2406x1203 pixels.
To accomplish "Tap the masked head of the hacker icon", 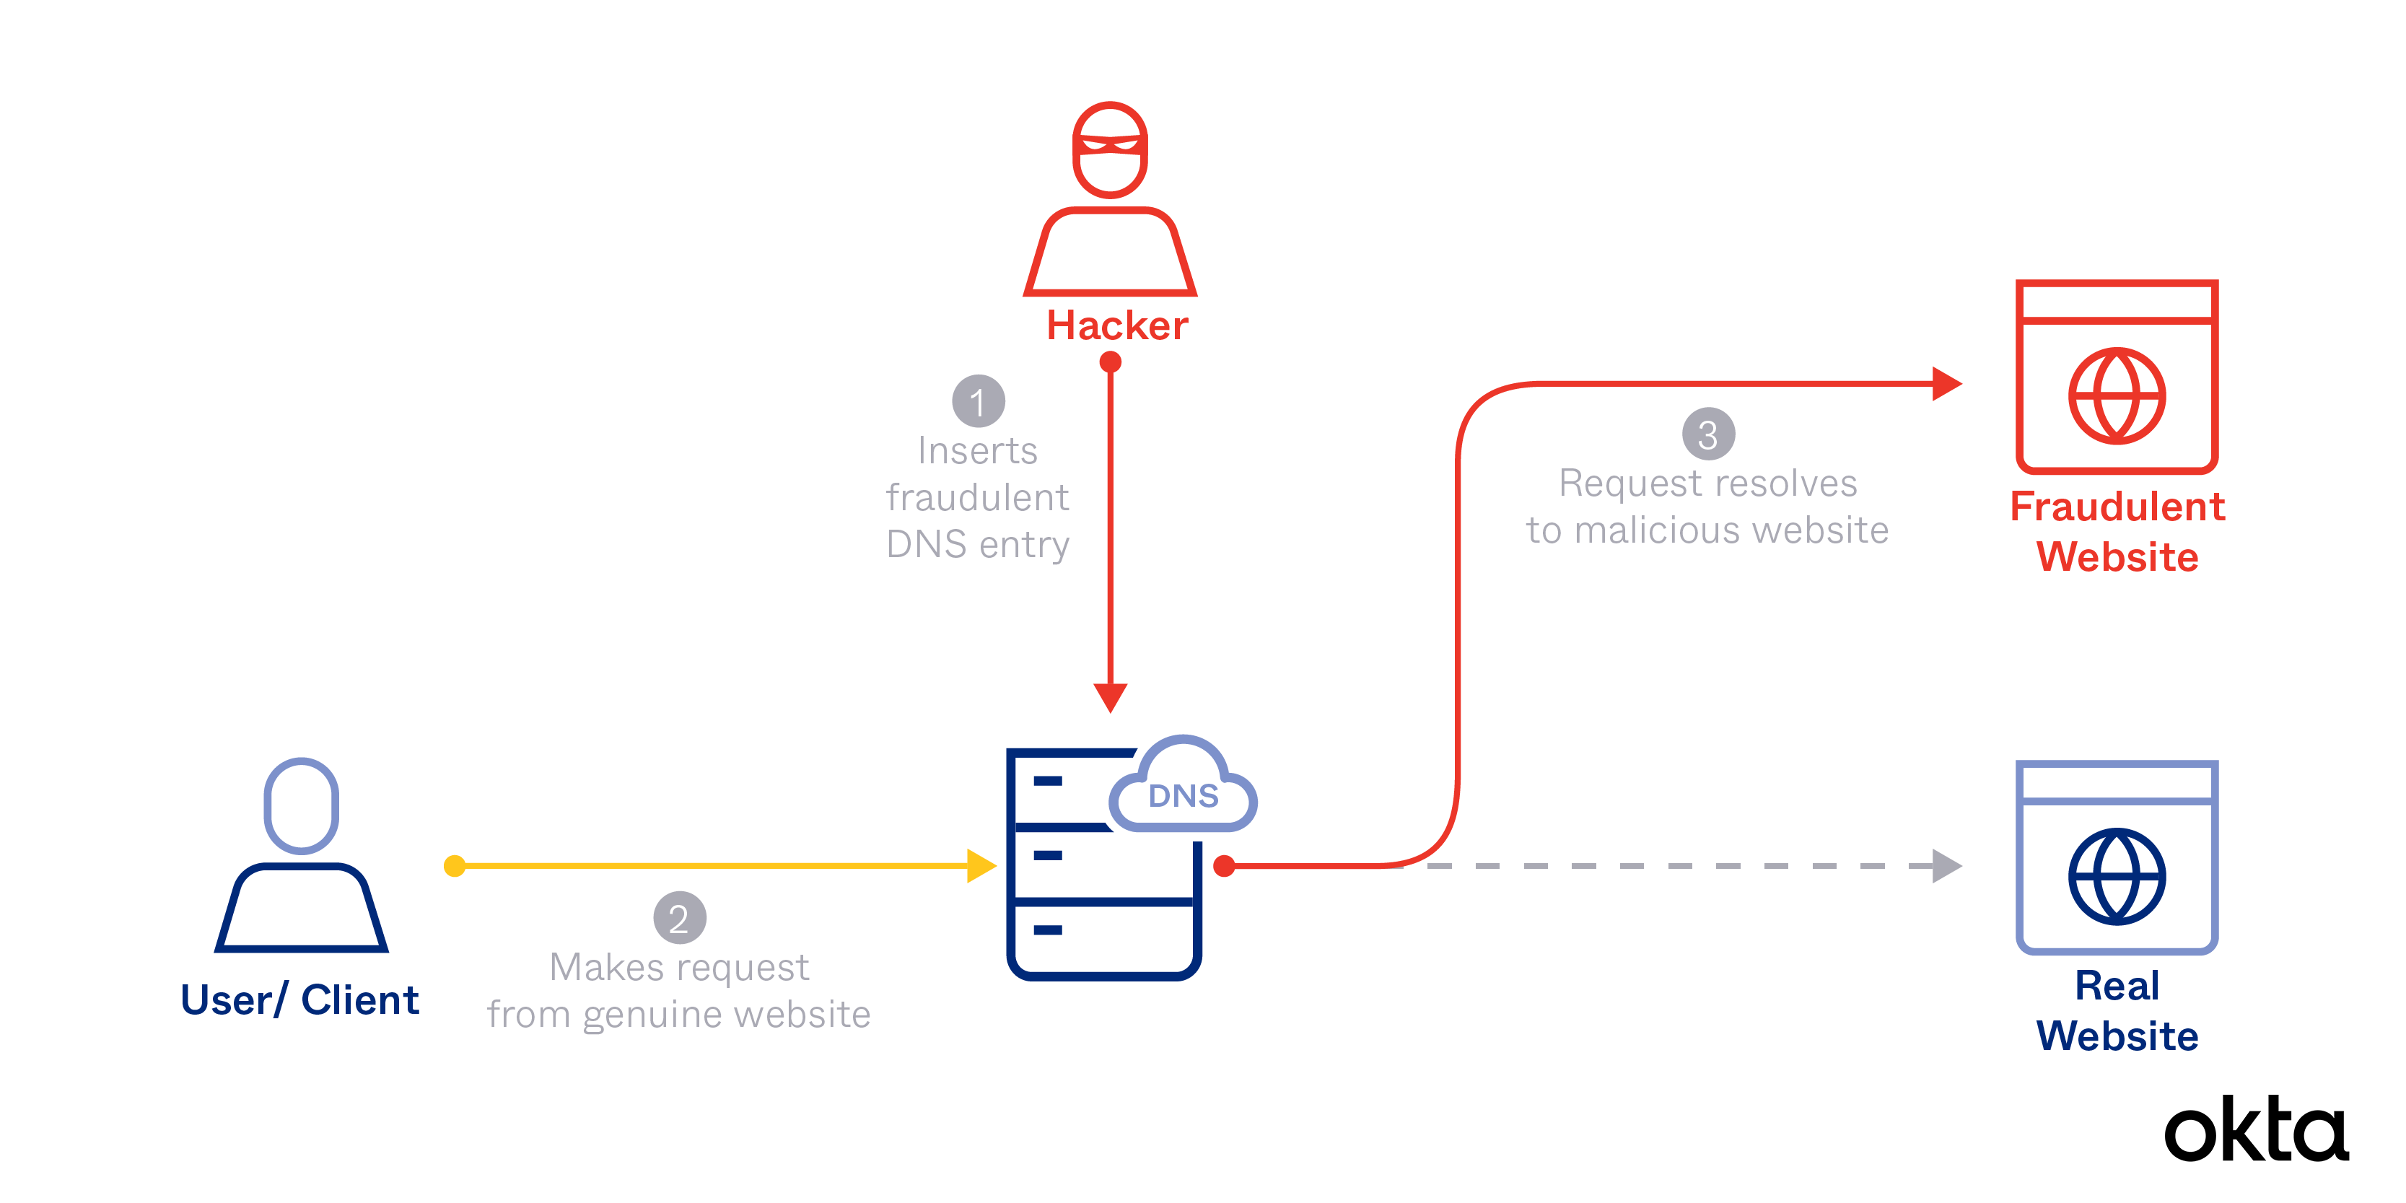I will click(x=1110, y=149).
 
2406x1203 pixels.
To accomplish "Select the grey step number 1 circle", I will click(x=978, y=402).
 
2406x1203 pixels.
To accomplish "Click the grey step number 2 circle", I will click(x=679, y=918).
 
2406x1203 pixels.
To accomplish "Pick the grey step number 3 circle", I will click(x=1708, y=434).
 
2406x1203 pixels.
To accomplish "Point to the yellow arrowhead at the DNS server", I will click(x=981, y=866).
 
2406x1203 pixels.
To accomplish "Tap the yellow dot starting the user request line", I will click(x=455, y=866).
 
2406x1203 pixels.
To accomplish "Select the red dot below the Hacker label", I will click(x=1110, y=362).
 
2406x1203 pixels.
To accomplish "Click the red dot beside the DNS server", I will click(x=1223, y=866).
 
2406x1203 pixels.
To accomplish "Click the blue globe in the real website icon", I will click(x=2117, y=876).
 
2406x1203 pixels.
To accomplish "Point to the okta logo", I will click(x=2256, y=1130).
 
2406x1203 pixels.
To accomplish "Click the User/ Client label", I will click(x=299, y=1000).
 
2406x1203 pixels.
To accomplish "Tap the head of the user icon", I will click(x=301, y=805).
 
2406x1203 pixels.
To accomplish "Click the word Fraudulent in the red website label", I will click(x=2117, y=506).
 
